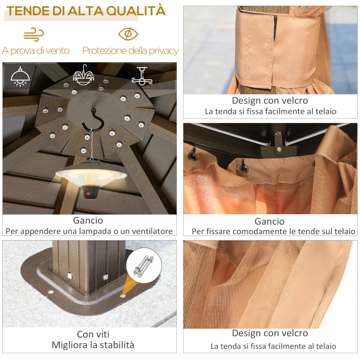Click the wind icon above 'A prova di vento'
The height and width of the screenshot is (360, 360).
(x=34, y=34)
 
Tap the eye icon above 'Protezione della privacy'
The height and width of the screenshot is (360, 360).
(x=128, y=34)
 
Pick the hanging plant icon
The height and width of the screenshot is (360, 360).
(x=83, y=75)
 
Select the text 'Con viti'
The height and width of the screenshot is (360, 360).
(x=93, y=334)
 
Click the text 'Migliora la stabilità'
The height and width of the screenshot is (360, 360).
(x=93, y=345)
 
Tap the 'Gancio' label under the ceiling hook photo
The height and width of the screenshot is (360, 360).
(x=88, y=220)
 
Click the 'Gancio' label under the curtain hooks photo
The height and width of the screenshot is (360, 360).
(x=270, y=221)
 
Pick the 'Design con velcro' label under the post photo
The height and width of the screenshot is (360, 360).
(x=270, y=100)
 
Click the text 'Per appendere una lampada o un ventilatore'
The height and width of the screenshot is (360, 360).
(x=89, y=231)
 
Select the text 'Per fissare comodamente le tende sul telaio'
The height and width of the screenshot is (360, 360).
(x=273, y=231)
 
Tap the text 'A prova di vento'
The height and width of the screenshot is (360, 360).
(x=36, y=50)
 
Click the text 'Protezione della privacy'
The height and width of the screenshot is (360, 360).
(x=130, y=50)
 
